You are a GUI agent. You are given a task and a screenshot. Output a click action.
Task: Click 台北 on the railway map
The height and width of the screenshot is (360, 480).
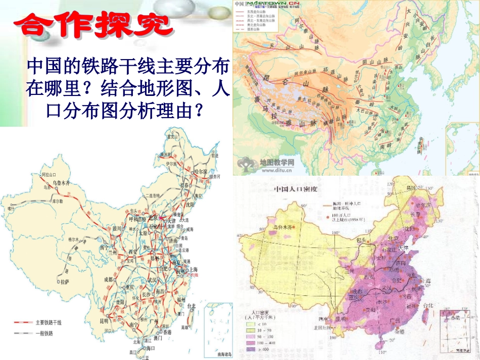click(x=191, y=305)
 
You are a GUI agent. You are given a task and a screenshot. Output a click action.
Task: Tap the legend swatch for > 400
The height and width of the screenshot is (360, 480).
click(x=250, y=349)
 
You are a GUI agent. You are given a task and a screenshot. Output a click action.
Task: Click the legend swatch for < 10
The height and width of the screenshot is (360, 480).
click(x=250, y=323)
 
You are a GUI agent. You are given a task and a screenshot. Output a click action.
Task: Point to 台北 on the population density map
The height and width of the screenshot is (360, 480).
click(x=428, y=304)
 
